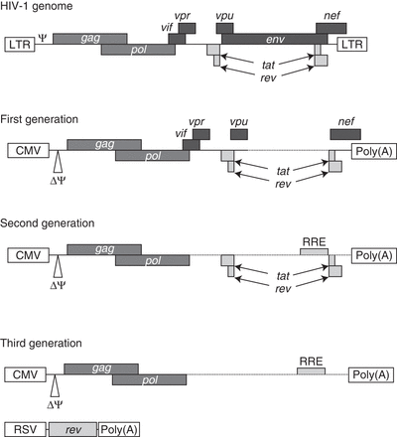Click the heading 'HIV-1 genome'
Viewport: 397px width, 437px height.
[x=40, y=7]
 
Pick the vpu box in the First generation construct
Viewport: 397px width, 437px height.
[x=238, y=135]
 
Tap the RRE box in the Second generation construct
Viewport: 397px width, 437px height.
[x=314, y=253]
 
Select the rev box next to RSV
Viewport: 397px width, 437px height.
[x=72, y=428]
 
